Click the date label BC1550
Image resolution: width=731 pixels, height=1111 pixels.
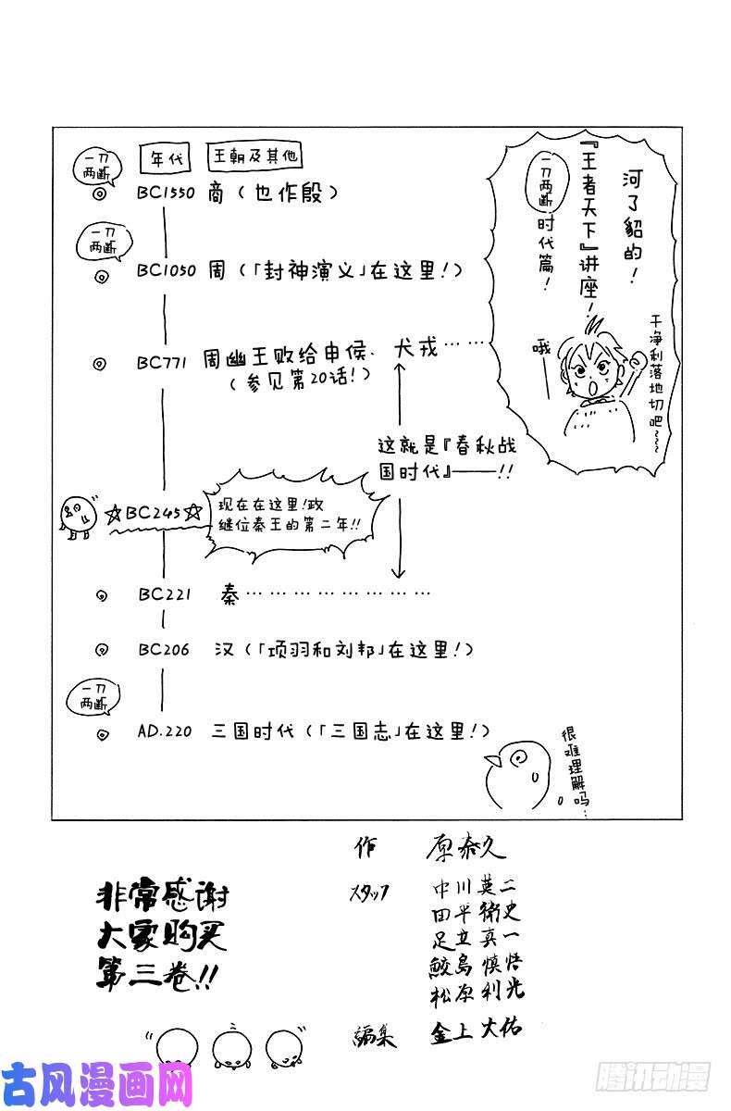coord(167,195)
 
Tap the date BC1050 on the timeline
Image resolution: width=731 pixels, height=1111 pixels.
coord(167,271)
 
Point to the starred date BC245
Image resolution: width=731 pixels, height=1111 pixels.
coord(154,512)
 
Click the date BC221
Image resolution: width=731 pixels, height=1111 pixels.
coord(163,594)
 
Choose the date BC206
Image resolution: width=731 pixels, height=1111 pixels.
coord(163,650)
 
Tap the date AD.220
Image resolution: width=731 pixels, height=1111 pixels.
coord(164,730)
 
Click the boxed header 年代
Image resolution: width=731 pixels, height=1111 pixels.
coord(163,158)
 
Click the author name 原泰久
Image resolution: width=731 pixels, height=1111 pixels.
coord(465,847)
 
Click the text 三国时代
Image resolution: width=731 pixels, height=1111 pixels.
coord(252,731)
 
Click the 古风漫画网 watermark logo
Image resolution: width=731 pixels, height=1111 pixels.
coord(96,1084)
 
